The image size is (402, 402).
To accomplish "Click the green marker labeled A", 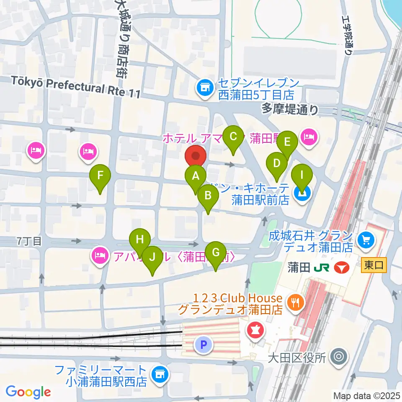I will coord(196,176).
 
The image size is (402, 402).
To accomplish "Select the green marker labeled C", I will coord(234,137).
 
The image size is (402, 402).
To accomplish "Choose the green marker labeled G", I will coord(216,253).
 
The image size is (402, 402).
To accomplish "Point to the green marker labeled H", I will coord(140,240).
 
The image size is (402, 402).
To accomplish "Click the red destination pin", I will coord(196,157).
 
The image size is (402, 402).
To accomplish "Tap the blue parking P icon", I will coord(204,345).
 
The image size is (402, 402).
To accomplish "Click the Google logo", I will coord(28,392).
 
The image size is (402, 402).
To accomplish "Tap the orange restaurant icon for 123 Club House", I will coord(296,304).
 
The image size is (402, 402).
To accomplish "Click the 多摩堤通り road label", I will coord(290,110).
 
